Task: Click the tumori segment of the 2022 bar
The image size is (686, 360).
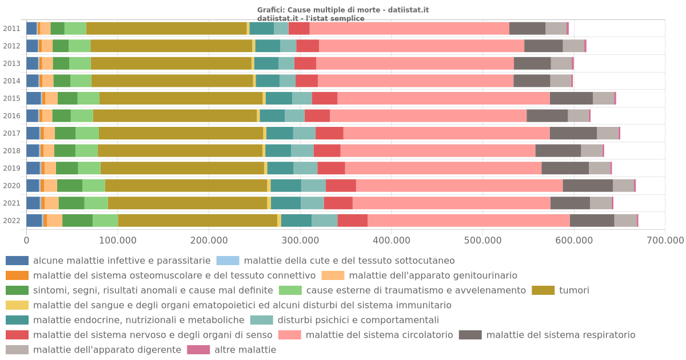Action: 197,221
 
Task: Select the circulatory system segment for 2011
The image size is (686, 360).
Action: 409,29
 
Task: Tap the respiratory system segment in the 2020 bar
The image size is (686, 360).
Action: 588,186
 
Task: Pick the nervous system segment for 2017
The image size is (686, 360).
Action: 329,133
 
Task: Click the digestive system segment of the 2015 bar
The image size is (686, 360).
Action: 603,98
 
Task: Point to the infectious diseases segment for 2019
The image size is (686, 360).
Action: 33,168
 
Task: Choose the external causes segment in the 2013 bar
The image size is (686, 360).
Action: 80,63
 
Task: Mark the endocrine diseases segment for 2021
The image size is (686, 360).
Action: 286,203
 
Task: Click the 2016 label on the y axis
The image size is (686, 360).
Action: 12,116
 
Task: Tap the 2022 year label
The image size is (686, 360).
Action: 12,221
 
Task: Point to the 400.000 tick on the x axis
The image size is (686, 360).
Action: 391,241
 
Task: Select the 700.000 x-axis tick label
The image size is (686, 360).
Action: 664,241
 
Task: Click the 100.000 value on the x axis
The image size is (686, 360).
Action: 117,241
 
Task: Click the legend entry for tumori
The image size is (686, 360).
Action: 574,290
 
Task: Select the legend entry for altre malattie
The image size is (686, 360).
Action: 245,350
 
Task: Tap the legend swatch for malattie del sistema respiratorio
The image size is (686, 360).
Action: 470,335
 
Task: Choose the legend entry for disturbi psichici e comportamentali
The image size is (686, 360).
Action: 358,320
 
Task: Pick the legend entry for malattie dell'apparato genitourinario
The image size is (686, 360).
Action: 433,275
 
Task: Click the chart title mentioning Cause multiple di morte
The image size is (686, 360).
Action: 343,10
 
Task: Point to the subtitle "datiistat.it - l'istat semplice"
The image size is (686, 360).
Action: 311,18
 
